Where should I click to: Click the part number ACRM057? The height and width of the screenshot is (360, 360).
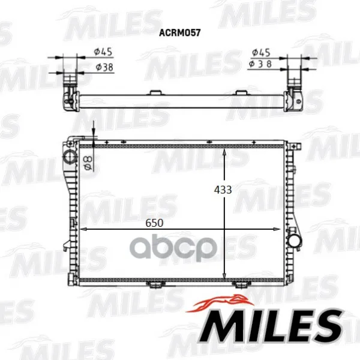[180, 32]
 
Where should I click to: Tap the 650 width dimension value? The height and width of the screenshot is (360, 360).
[154, 223]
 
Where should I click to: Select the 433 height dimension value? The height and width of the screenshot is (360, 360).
[223, 190]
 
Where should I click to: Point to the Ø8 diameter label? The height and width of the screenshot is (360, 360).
[88, 163]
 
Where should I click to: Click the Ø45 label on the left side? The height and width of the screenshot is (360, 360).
[103, 52]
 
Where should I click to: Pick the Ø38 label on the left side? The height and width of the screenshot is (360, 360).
[104, 67]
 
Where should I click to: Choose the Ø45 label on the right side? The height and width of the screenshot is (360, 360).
[261, 53]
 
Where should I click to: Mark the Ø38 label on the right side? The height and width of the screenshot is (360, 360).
[260, 64]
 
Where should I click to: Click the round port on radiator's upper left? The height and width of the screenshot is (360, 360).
[70, 157]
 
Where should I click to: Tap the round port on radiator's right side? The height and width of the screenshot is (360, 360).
[295, 241]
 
